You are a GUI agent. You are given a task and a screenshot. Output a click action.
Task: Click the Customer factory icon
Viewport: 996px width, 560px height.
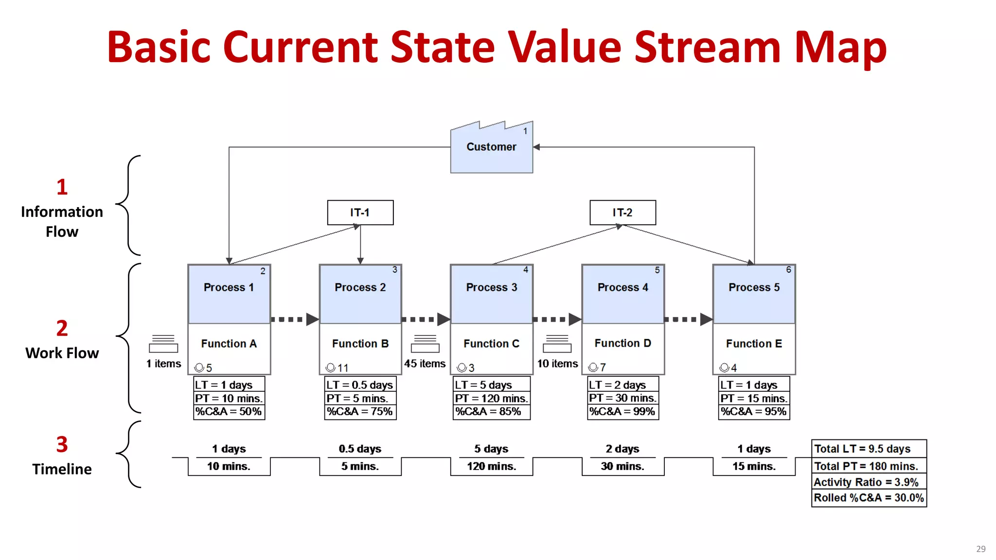coord(491,147)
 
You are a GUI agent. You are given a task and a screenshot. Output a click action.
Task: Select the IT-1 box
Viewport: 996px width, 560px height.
coord(360,212)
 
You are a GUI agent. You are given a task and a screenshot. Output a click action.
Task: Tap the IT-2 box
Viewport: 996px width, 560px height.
coord(622,212)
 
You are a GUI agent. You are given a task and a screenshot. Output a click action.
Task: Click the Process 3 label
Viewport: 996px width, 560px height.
coord(491,287)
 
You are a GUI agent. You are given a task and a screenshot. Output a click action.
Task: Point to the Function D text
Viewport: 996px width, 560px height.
coord(622,343)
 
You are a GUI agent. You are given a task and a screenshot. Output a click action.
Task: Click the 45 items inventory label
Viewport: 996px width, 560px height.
coord(425,364)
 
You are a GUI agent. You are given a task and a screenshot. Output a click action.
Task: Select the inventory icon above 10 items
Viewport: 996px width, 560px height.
coord(557,344)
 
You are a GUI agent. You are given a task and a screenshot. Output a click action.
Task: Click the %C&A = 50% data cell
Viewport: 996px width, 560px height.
coord(229,412)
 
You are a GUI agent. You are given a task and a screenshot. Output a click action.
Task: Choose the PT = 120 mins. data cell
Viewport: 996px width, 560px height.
coord(491,399)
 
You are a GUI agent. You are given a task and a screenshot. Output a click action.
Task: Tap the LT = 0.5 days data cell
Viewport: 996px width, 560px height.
coord(360,385)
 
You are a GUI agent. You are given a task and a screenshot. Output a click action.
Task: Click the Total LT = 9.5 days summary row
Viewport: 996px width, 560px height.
coord(869,449)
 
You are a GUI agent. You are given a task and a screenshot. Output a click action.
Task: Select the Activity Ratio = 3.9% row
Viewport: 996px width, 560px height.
coord(869,482)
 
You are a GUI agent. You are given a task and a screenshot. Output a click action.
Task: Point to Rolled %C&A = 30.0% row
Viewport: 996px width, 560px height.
coord(869,498)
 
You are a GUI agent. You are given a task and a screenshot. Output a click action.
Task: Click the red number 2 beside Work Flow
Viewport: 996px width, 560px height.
coord(62,329)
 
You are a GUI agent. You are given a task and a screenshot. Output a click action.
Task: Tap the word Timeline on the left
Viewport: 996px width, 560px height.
coord(62,469)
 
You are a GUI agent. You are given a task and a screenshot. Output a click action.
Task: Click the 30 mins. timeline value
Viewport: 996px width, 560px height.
coord(622,467)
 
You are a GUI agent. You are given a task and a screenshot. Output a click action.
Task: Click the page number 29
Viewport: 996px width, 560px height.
coord(980,549)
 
